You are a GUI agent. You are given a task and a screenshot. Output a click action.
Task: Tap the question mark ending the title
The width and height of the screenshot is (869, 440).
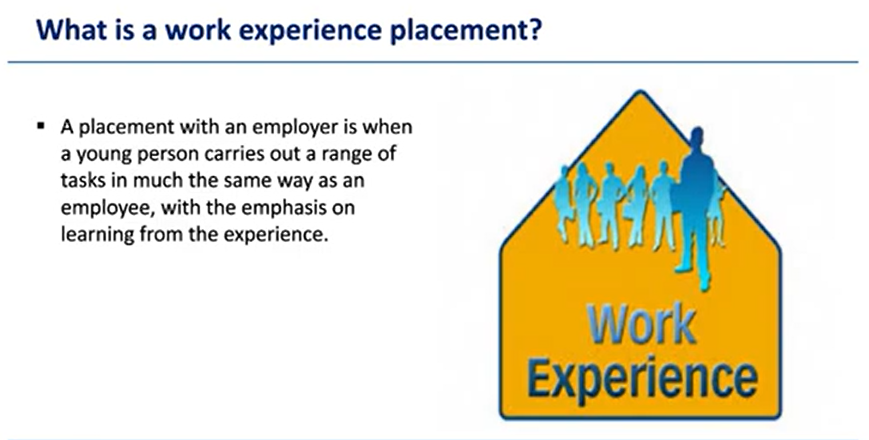[534, 30]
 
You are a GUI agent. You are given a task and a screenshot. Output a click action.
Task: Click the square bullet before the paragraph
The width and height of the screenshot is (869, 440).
[40, 125]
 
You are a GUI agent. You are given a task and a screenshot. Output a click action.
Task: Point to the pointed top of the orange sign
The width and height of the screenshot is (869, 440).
[641, 93]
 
